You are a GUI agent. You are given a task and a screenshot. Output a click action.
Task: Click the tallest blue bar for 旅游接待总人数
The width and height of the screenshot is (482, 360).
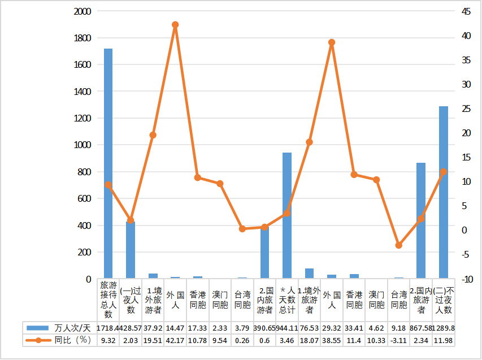(108, 164)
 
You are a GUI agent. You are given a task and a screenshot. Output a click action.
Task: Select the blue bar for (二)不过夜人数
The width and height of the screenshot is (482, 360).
(444, 192)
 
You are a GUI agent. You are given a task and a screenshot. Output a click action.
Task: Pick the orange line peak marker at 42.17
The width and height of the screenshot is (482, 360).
(175, 25)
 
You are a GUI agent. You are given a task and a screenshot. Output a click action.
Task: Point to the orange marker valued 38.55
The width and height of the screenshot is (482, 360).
(332, 42)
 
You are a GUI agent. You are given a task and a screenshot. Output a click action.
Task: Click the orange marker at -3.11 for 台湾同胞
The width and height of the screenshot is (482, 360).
(399, 245)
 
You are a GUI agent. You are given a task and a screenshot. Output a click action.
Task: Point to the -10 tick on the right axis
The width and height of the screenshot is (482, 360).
(467, 279)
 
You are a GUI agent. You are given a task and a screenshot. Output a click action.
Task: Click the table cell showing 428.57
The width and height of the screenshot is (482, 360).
(131, 328)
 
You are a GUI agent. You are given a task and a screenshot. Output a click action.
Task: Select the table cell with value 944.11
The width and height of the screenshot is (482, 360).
(287, 328)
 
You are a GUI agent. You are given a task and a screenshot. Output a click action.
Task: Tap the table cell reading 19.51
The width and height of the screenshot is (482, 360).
(153, 340)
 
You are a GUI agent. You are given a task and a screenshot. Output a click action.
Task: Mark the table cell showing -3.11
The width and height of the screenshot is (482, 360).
(399, 340)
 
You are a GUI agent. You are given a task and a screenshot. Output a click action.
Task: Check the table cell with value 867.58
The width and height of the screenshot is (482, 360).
(421, 328)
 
